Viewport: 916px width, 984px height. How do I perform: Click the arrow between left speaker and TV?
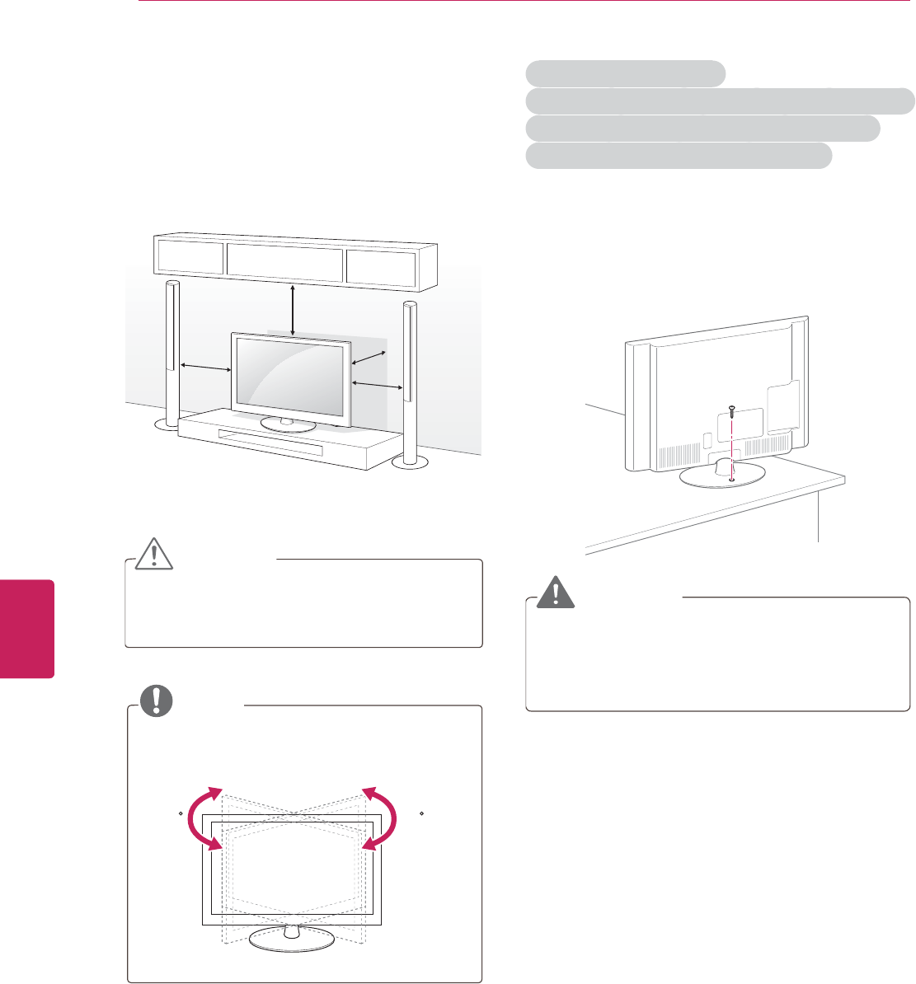(x=205, y=368)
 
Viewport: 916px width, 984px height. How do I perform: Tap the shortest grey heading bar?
(x=626, y=74)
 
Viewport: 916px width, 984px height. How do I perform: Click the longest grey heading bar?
(x=720, y=101)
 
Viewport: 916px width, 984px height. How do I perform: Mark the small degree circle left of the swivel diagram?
(x=181, y=813)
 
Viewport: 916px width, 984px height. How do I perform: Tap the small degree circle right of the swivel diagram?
(x=421, y=813)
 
